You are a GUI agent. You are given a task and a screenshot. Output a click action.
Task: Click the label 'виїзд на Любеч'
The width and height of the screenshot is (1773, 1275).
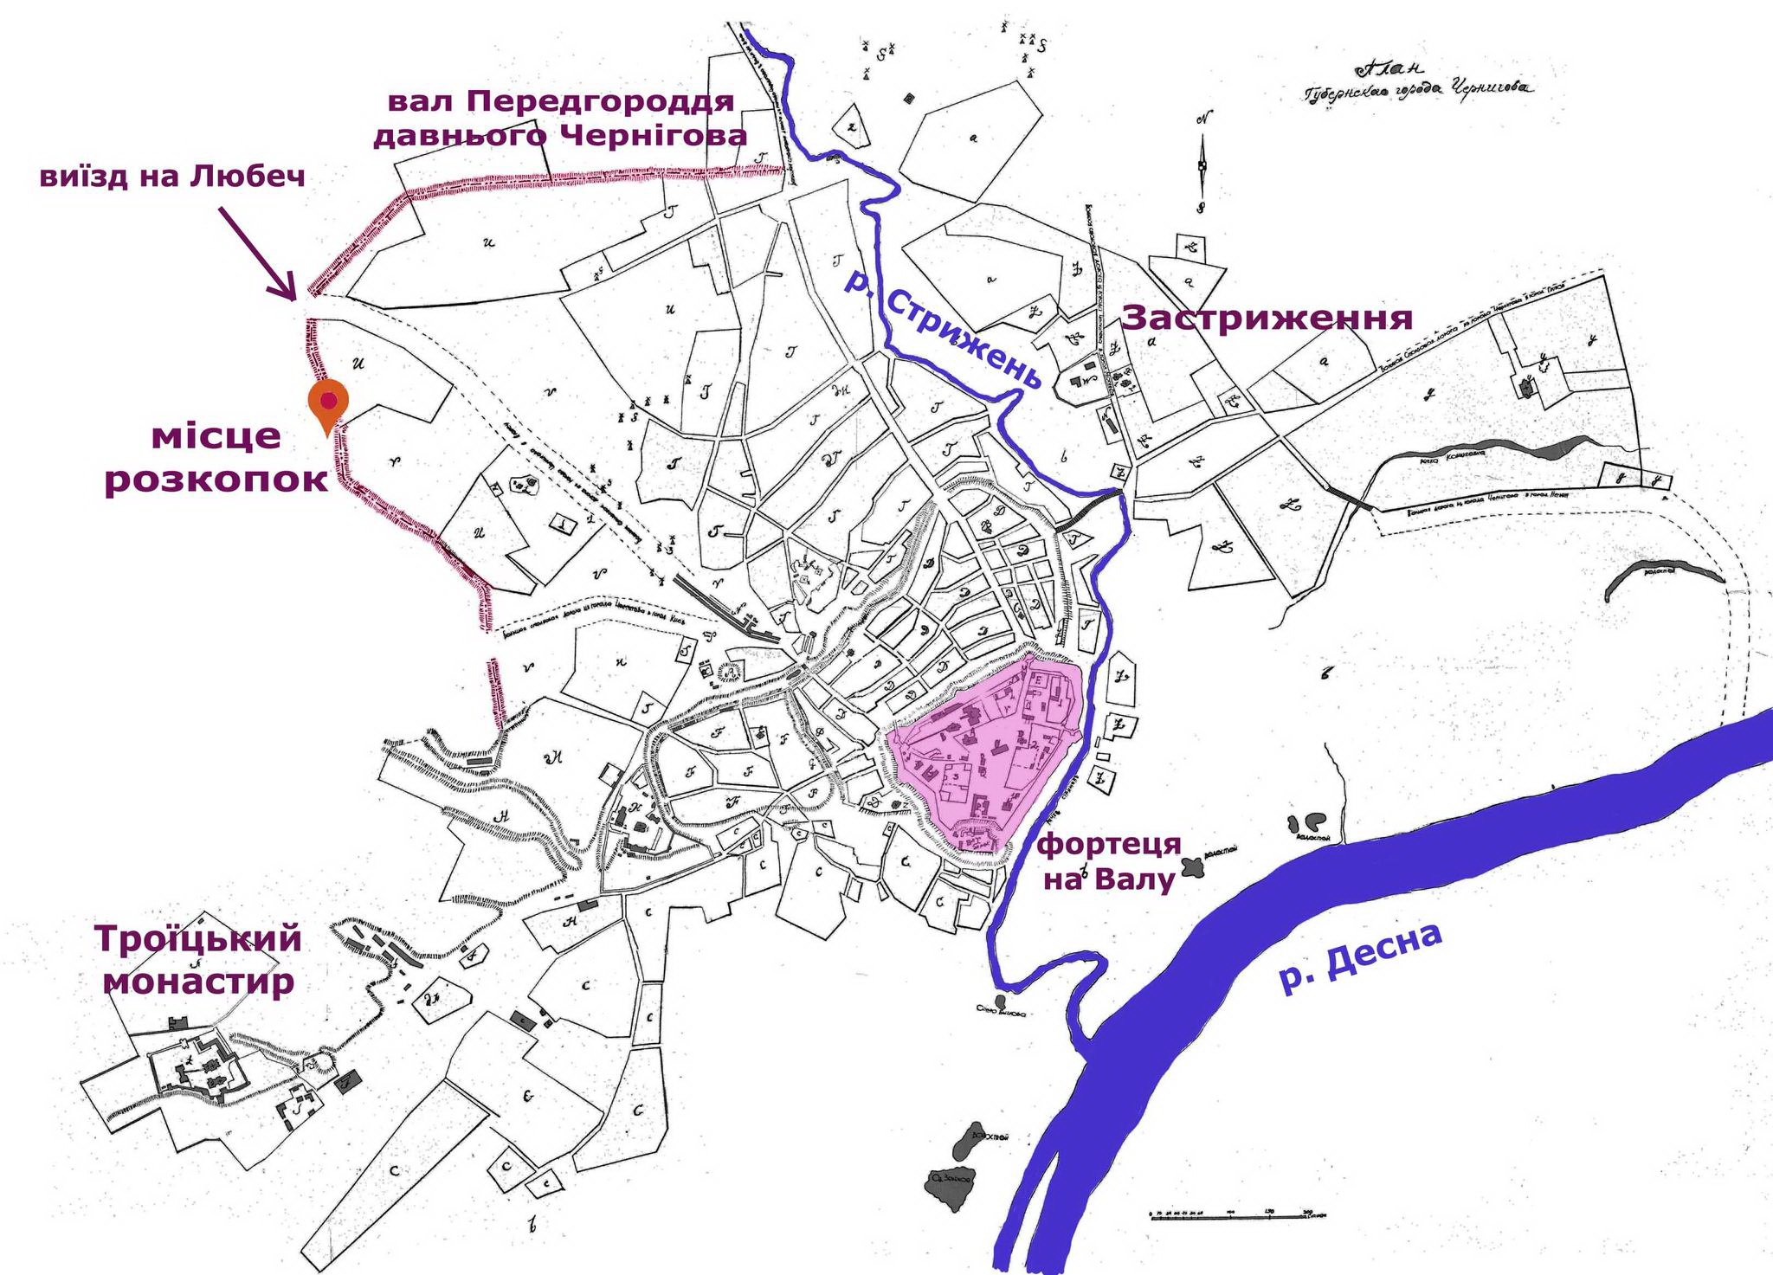172,177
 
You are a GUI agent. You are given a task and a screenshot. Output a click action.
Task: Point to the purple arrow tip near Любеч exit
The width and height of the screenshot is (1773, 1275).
295,298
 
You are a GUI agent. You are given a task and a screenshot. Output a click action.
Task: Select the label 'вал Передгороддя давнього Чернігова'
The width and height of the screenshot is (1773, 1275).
560,119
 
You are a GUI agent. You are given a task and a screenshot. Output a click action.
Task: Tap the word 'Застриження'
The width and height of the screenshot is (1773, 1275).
1267,319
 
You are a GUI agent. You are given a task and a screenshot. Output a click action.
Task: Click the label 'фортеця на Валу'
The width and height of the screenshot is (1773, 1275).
1110,861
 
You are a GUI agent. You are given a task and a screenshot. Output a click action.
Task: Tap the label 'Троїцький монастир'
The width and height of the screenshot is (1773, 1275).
198,961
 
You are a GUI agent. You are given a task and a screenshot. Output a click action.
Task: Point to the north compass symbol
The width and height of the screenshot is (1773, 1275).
1202,164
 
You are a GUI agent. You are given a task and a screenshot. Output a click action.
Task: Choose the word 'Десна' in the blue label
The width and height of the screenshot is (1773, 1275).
1385,948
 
